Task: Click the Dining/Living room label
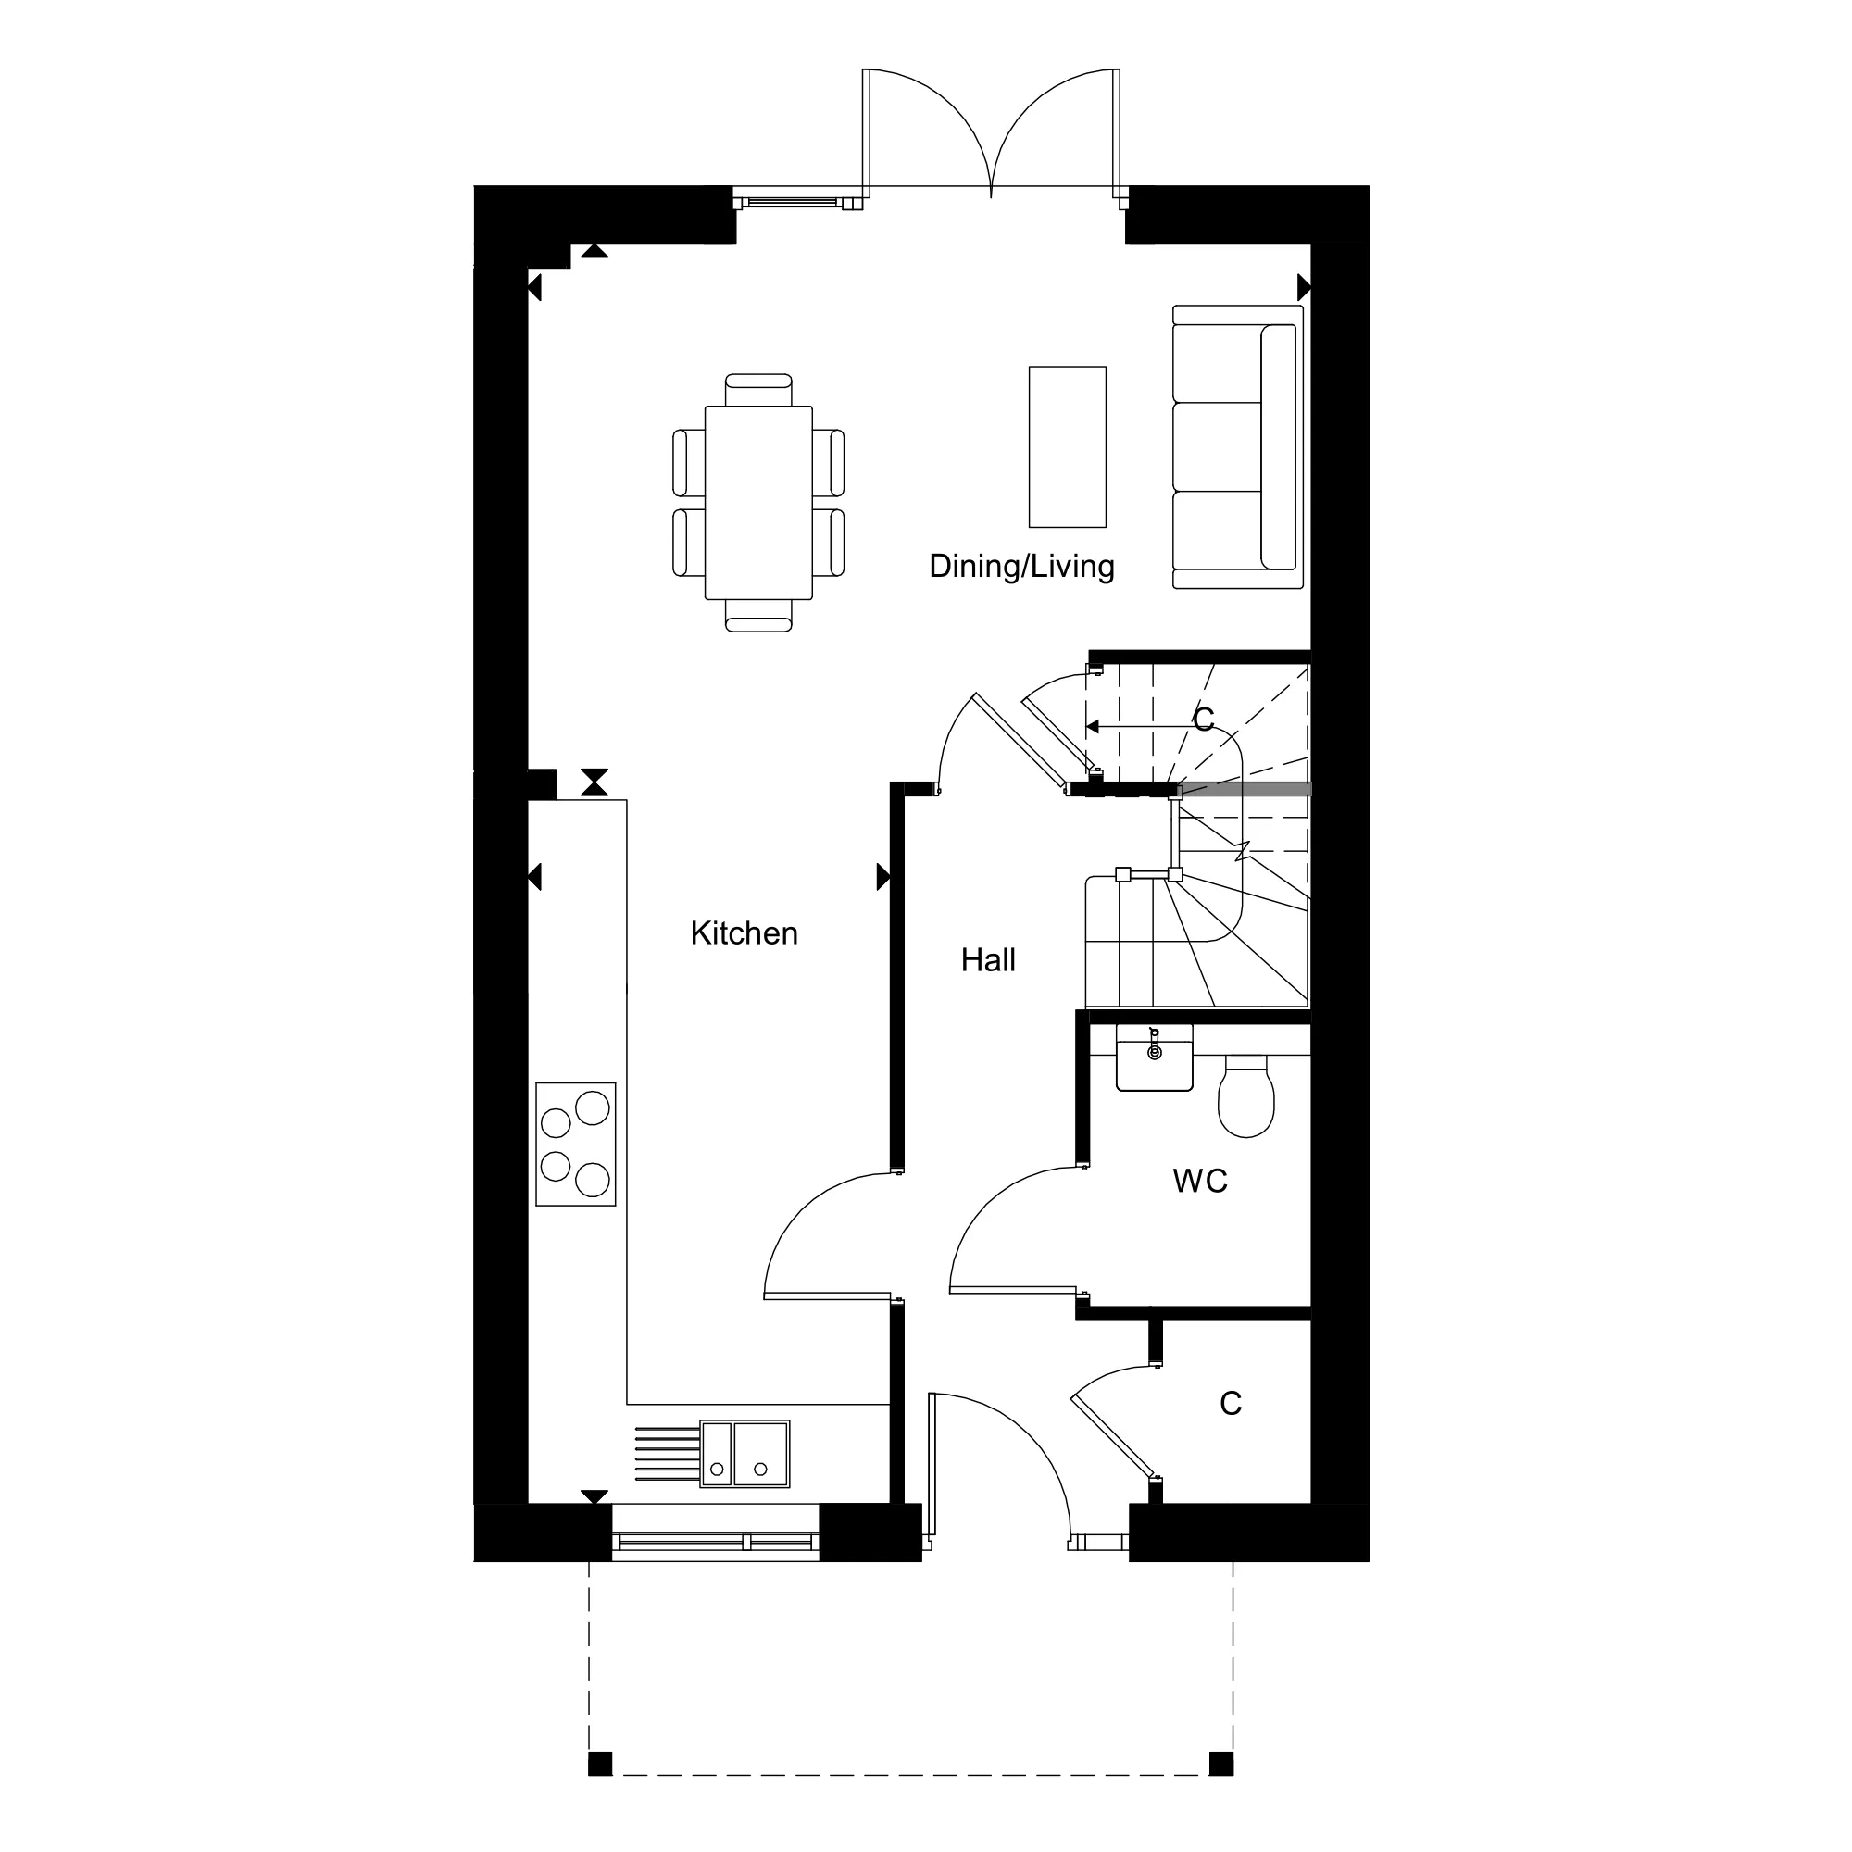[1022, 567]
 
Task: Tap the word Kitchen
[744, 933]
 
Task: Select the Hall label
[988, 959]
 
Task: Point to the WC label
[1200, 1181]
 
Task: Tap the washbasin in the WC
[1155, 1057]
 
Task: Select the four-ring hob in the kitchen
[575, 1144]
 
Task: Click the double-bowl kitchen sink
[745, 1454]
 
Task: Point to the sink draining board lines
[667, 1454]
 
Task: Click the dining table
[758, 503]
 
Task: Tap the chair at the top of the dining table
[758, 389]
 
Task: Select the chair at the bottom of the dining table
[758, 617]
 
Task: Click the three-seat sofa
[1237, 446]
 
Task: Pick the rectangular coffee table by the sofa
[1067, 446]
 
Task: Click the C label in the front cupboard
[1231, 1404]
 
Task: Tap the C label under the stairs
[1204, 719]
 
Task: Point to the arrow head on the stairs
[1093, 727]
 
